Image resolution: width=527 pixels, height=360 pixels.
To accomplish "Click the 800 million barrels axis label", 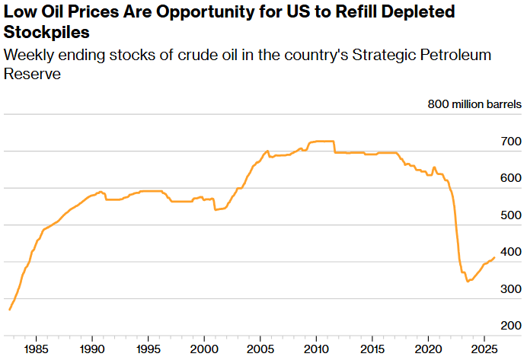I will click(474, 105).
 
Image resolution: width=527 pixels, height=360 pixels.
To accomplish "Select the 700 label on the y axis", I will click(510, 142).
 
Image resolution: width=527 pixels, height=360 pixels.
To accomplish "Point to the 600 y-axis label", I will click(510, 178).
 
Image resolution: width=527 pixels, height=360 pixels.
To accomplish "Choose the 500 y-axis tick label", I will click(510, 215).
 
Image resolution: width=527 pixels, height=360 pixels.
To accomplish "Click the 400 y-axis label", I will click(510, 252).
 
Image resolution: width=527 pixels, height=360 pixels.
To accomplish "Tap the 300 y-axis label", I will click(510, 289).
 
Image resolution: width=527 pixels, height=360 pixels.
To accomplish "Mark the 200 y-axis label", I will click(510, 326).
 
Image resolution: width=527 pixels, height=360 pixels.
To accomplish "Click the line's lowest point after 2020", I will click(467, 282).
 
